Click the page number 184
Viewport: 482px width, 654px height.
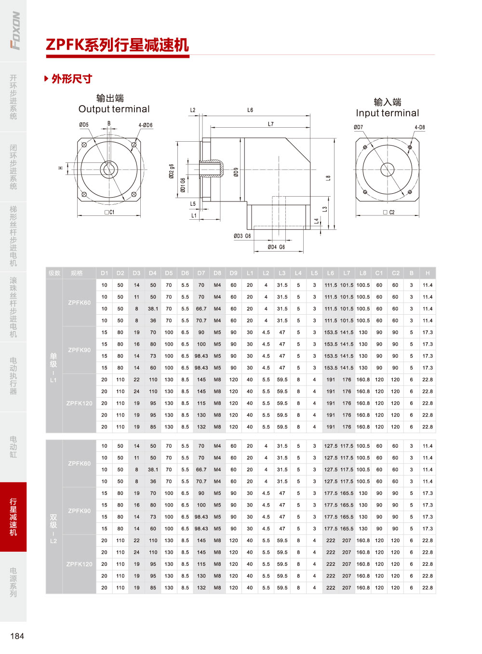[17, 636]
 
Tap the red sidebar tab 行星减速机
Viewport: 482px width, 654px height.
[13, 517]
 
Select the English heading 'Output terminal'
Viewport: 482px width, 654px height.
[114, 109]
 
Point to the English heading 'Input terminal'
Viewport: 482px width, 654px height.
[388, 113]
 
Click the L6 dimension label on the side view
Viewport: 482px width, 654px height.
[250, 110]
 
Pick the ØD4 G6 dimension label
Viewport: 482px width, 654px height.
[276, 247]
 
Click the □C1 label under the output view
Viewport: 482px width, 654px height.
[109, 212]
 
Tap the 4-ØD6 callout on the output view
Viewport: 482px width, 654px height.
[146, 125]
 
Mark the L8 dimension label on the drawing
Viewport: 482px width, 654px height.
[328, 178]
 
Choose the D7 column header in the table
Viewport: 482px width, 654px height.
[201, 273]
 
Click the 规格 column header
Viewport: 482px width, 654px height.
[77, 273]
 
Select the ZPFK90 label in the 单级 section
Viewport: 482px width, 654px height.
[79, 350]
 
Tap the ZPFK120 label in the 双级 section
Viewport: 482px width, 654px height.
[79, 564]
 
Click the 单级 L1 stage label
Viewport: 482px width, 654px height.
[54, 368]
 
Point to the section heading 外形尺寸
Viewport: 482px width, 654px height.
[72, 79]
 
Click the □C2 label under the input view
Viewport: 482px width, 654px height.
[389, 212]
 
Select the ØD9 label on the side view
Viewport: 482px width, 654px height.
[236, 172]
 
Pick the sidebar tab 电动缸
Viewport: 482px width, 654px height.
[13, 447]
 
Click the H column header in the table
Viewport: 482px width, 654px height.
[428, 273]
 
